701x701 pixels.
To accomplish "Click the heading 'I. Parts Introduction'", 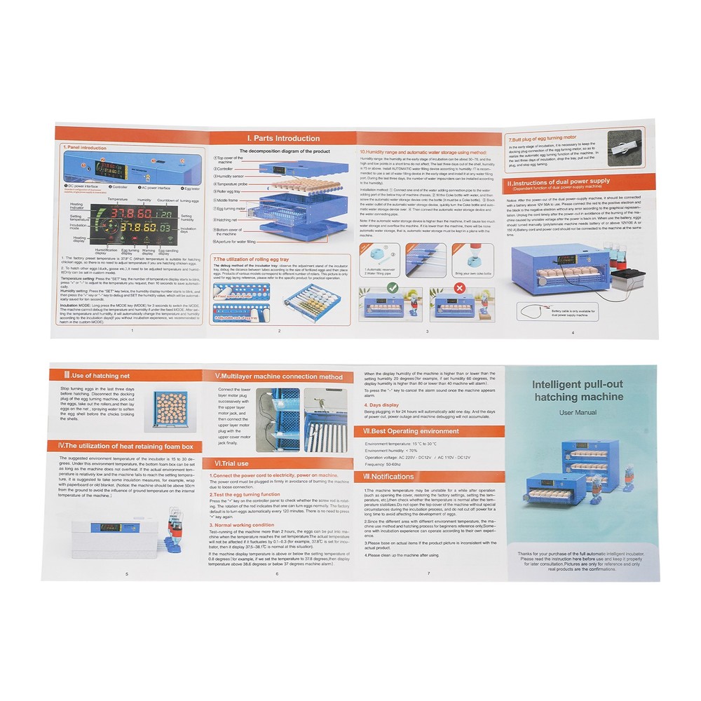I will (x=283, y=138).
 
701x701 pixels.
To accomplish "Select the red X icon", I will (x=460, y=287).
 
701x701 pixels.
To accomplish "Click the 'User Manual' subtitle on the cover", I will (x=578, y=412).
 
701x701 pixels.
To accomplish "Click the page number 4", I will (x=573, y=332).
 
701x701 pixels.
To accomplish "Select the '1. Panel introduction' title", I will (x=85, y=148).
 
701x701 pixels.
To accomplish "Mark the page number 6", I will (x=277, y=573).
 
